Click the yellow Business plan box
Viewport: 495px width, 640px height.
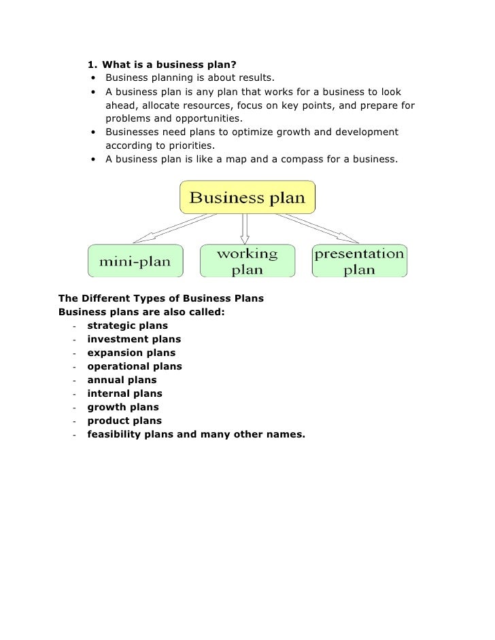(x=247, y=197)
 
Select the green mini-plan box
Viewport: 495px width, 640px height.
(x=135, y=261)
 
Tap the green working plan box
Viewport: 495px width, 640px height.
(x=247, y=261)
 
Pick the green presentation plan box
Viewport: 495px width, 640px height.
(x=359, y=261)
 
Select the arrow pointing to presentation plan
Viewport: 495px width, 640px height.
(x=318, y=228)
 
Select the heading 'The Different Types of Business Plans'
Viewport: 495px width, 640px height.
(x=161, y=298)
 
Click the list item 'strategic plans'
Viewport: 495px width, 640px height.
(x=127, y=325)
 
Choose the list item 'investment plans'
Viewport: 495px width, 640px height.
(x=134, y=339)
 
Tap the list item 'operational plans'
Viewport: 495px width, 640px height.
(x=135, y=366)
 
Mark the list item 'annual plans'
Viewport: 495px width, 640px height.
(x=122, y=380)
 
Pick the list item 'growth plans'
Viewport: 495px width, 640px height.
(x=123, y=407)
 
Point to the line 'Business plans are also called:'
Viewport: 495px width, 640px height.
(x=141, y=312)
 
